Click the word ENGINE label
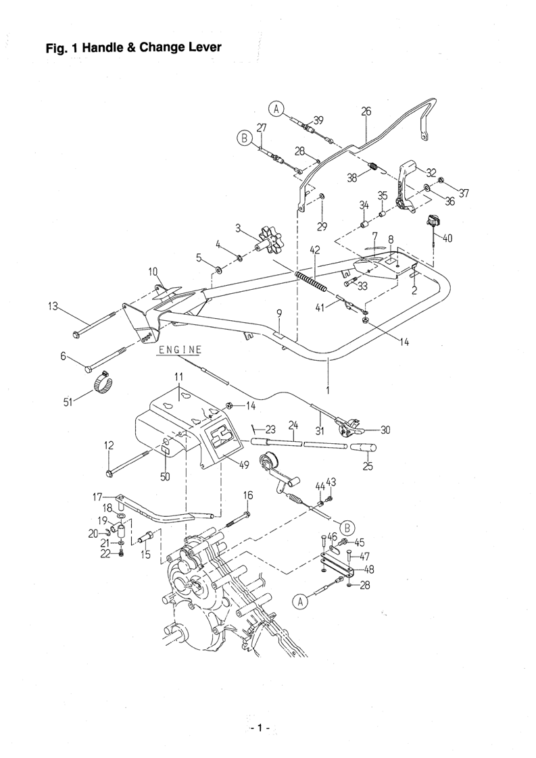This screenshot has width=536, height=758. point(178,349)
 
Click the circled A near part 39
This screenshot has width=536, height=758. point(276,109)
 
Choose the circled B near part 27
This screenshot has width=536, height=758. point(244,138)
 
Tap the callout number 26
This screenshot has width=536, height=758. point(366,111)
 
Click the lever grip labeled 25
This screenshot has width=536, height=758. point(364,448)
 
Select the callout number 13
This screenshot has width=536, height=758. point(53,306)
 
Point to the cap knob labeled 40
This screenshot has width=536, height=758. point(431,222)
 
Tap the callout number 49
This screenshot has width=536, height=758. point(243,465)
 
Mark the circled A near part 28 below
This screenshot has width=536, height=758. point(300,601)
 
